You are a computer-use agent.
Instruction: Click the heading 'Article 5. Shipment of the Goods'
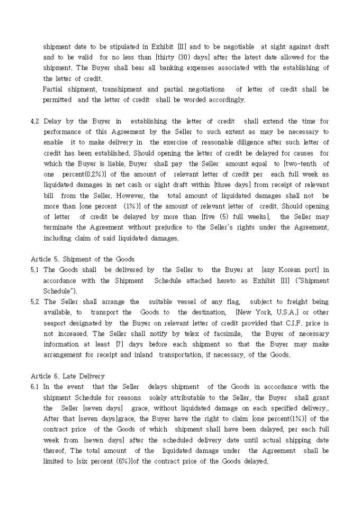[x=83, y=259]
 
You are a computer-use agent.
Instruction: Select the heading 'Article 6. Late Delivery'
[x=68, y=376]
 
